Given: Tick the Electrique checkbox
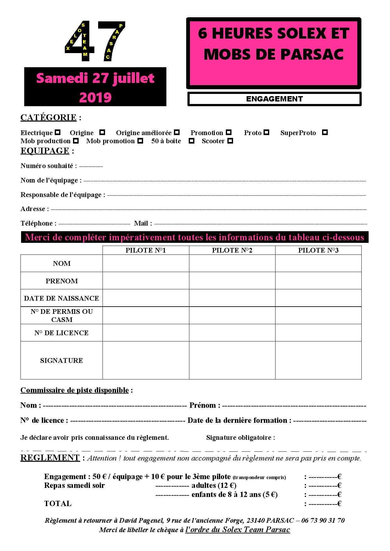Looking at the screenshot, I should point(58,132).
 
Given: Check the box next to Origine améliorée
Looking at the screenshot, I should point(177,132).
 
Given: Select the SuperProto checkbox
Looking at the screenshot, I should point(325,132).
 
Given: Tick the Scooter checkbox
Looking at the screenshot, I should point(230,141).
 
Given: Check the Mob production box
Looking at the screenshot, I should point(76,141).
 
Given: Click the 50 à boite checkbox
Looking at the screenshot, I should point(192,141).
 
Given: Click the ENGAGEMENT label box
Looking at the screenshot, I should point(274,99).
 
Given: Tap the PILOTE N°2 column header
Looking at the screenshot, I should point(232,250).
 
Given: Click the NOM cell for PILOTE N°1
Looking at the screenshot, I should point(146,263).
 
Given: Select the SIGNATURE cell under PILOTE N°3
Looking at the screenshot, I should point(318,360).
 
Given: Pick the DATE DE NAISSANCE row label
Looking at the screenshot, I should point(62,298).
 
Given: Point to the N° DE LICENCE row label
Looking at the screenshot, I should point(62,333).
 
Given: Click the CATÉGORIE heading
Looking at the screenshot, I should point(48,117).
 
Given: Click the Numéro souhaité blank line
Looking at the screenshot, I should point(91,166).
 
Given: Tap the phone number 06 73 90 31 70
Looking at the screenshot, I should point(323,521).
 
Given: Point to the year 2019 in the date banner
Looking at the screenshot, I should point(95,97).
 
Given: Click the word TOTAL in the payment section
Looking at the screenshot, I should point(58,504).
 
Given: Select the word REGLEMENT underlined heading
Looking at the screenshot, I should point(50,458).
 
